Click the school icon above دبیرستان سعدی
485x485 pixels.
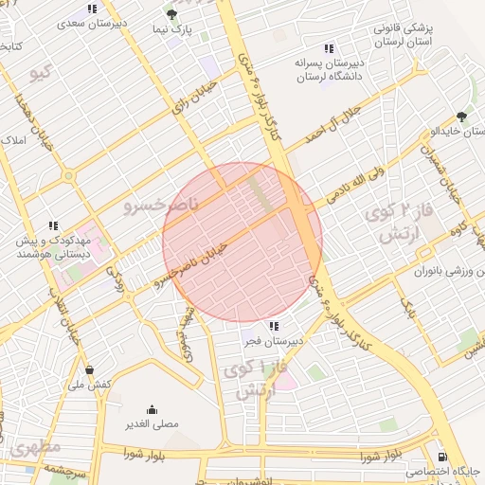(92, 9)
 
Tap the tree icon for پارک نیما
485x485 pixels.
(171, 14)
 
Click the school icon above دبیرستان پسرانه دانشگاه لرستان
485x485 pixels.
(329, 48)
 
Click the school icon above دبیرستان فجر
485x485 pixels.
(274, 326)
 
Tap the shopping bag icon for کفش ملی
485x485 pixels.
(89, 369)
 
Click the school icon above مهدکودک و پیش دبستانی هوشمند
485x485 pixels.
(53, 225)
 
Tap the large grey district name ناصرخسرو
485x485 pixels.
(162, 204)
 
